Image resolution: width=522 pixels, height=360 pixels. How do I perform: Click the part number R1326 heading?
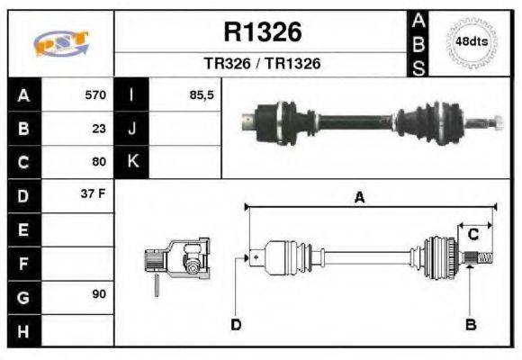(262, 32)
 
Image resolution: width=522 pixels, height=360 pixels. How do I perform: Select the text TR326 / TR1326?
(262, 64)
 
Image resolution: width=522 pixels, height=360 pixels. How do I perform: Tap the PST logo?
(61, 43)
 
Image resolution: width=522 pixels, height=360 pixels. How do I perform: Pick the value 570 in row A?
(94, 94)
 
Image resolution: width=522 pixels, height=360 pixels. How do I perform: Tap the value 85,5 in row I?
(201, 94)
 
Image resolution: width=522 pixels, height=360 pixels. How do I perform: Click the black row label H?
(22, 331)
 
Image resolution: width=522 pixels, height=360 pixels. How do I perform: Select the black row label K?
(131, 162)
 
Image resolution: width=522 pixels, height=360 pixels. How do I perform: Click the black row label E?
(22, 230)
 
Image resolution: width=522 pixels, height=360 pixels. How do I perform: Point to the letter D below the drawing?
(236, 324)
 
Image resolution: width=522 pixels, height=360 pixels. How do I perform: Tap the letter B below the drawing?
(469, 324)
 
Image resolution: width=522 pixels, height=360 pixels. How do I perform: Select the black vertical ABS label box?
(418, 43)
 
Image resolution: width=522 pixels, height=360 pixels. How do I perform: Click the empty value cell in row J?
(184, 129)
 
